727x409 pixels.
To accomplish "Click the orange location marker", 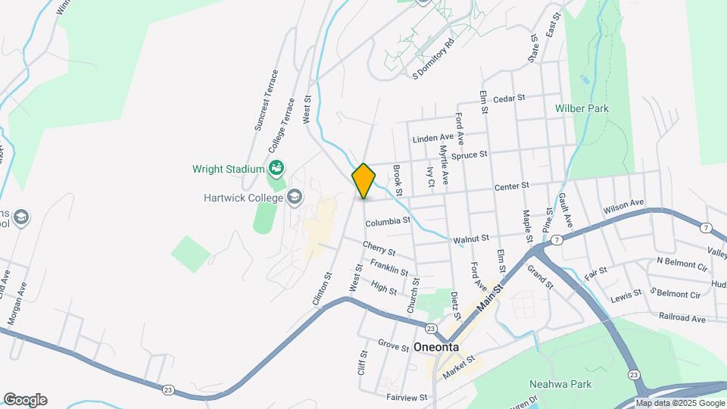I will [363, 181].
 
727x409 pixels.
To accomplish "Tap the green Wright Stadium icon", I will [277, 167].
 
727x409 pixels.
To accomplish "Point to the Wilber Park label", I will [582, 108].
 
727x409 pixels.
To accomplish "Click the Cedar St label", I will [509, 99].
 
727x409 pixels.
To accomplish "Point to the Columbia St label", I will [387, 223].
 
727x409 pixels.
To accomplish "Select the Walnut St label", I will [471, 239].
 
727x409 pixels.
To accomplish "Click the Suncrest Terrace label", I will [267, 100].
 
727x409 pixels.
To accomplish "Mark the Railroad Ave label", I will [682, 319].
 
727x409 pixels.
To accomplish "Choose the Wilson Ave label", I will [623, 206].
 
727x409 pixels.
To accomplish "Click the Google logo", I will [25, 400].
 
